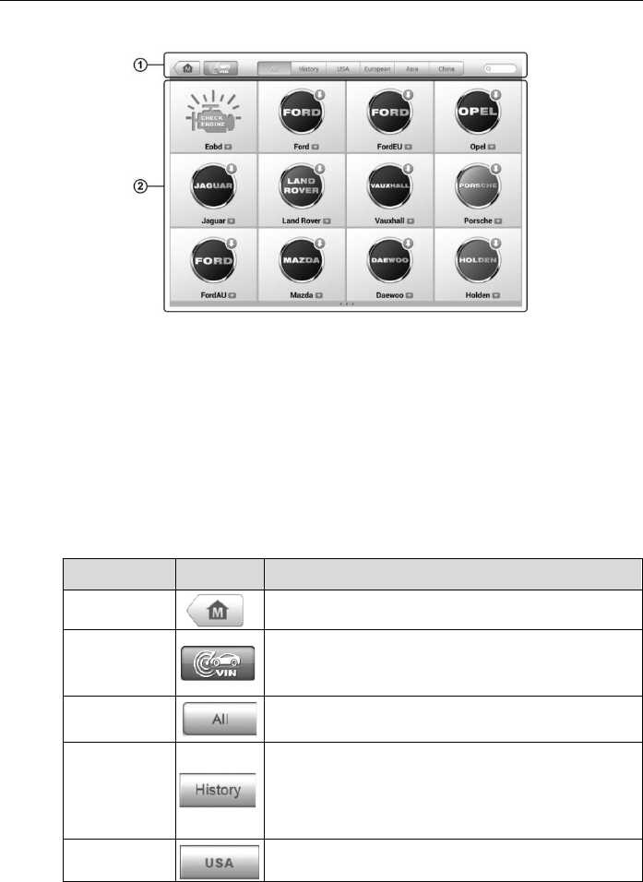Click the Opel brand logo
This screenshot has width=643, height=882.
(x=478, y=113)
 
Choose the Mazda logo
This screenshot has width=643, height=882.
(x=302, y=260)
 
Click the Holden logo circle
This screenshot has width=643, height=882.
(x=478, y=260)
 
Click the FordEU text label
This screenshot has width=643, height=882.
(x=384, y=146)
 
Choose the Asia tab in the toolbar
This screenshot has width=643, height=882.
(x=412, y=68)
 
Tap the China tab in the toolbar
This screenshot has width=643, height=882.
(x=445, y=68)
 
